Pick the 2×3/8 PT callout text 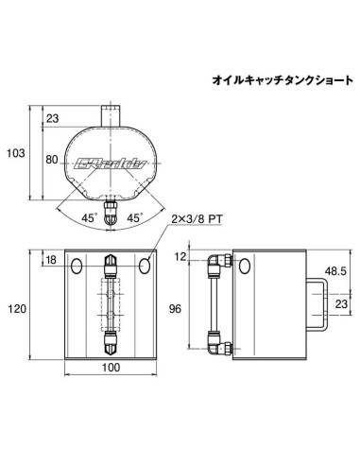198,218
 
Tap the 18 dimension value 50,259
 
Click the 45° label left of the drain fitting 89,216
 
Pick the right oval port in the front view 145,267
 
